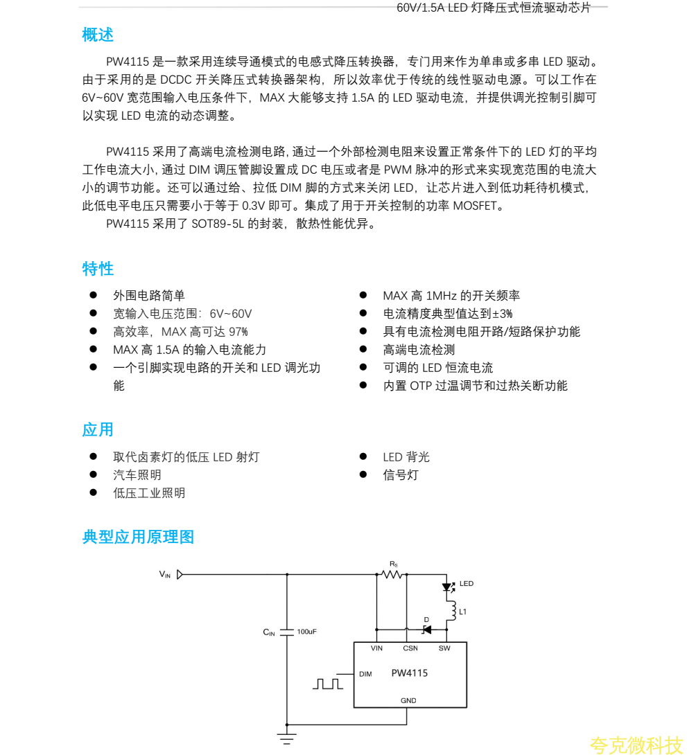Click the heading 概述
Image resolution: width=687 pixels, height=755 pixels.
click(98, 35)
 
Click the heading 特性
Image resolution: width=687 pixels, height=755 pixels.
click(98, 269)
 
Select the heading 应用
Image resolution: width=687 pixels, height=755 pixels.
click(98, 429)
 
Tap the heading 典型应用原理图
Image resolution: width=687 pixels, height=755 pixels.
click(138, 537)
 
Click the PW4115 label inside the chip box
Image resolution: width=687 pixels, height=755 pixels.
click(409, 673)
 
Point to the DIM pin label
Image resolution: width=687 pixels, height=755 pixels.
click(365, 674)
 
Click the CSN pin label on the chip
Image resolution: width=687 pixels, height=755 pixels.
click(410, 648)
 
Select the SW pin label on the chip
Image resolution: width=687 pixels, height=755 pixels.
click(444, 648)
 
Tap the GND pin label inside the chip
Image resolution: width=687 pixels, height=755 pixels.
click(408, 700)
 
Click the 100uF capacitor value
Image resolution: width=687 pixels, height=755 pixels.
click(306, 632)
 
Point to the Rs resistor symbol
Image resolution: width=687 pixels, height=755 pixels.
click(392, 574)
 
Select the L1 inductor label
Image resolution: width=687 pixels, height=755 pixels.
click(463, 612)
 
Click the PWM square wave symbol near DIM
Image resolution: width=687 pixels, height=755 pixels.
click(327, 684)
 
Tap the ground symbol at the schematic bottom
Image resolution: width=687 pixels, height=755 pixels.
click(287, 737)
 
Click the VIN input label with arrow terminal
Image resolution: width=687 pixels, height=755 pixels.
click(171, 574)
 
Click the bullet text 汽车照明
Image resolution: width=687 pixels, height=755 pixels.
click(137, 475)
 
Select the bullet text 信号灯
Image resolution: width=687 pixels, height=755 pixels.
click(401, 475)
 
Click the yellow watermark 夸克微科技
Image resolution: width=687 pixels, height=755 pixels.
click(636, 745)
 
